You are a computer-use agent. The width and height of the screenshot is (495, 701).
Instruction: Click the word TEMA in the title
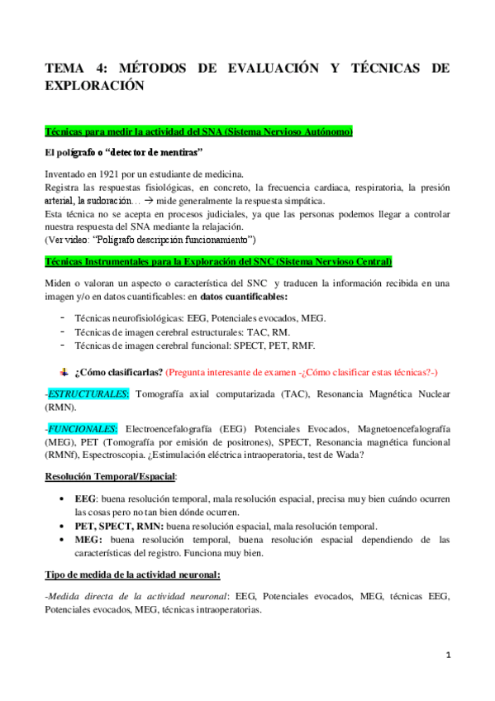(x=66, y=69)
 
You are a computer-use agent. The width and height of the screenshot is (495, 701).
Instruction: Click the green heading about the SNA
(x=199, y=131)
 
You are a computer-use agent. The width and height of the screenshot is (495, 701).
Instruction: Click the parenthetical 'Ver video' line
(x=150, y=240)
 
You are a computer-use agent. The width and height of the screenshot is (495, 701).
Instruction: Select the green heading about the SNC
(x=218, y=261)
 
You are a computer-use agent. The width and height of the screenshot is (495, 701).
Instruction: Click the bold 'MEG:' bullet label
(x=88, y=539)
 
